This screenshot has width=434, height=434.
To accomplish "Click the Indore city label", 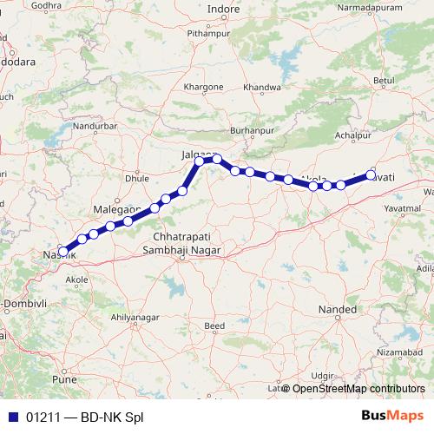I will pos(223,10).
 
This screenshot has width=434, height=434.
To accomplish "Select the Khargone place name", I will pos(204,88).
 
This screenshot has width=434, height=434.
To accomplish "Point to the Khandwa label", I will pos(262,88).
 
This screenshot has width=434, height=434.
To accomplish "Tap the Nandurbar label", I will pos(95,125).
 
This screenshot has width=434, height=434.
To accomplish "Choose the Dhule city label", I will pos(137,178).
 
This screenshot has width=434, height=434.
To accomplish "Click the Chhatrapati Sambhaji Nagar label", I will pos(187,243).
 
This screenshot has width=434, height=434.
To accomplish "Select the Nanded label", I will pos(338,309).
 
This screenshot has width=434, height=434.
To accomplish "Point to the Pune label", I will pos(65,379).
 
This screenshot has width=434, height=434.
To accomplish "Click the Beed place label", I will pos(214,326).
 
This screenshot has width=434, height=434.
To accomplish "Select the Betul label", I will pos(383,81).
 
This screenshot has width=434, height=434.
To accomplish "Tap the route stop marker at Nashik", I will pos(62,251).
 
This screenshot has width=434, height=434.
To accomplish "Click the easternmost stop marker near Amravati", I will pos(371,175).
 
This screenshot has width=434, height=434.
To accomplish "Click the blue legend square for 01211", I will pos(14,416).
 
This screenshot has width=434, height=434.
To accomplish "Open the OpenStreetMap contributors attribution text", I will pos(358,389).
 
